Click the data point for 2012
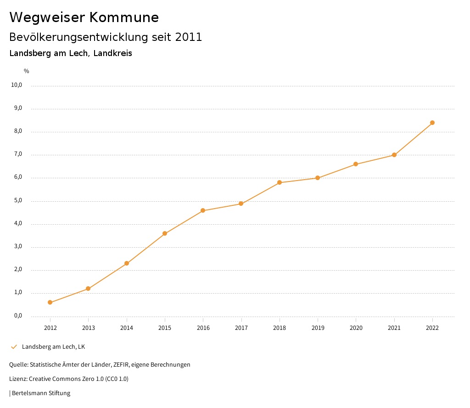coord(50,302)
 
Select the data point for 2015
coord(165,233)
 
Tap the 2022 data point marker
coord(432,123)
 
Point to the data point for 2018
coord(280,182)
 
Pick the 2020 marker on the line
coord(356,164)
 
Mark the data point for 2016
coord(203,210)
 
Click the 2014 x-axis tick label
coord(127,328)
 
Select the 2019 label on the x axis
coord(318,328)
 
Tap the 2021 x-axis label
coord(394,328)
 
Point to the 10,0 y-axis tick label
coord(17,85)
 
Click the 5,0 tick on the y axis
coord(18,200)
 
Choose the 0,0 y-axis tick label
coord(18,316)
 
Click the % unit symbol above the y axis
coord(27,71)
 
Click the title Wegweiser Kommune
coord(84,17)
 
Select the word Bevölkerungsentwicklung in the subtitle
coord(78,37)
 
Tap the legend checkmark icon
coord(14,347)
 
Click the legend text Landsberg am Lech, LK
coord(53,347)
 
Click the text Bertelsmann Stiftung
coord(41,393)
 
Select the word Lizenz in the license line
coord(18,379)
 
